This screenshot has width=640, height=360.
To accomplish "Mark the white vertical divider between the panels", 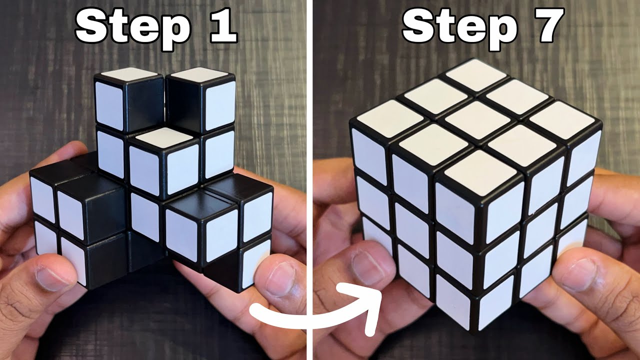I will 310,180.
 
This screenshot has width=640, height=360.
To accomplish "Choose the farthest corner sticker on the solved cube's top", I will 475,74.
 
